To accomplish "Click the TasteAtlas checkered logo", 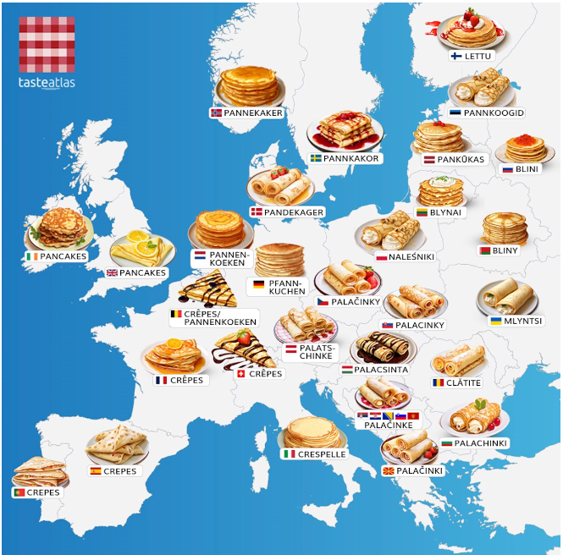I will [x=47, y=44].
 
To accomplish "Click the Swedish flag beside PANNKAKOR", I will [x=316, y=158].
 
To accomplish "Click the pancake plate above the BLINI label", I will [x=525, y=147].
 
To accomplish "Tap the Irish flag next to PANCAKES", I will [x=31, y=256].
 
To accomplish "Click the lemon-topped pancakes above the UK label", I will [x=142, y=248].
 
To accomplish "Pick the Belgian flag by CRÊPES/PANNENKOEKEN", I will [x=177, y=315].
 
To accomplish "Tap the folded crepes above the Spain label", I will [x=117, y=443].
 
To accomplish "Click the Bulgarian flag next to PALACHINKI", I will [x=447, y=442].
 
